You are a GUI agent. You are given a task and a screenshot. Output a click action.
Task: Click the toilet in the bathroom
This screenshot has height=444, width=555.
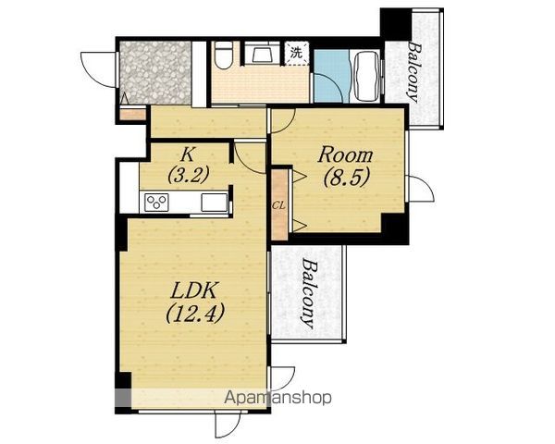[223, 55]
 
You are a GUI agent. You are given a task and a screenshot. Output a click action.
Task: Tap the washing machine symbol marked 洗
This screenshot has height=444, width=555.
[297, 53]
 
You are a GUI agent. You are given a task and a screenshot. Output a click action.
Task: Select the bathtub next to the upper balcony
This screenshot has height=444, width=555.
[365, 76]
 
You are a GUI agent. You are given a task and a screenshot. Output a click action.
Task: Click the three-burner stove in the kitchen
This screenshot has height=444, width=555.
[156, 203]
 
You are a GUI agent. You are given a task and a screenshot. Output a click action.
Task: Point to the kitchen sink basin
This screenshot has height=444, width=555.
[215, 203]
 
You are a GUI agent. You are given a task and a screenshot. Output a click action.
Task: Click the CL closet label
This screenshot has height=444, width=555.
[279, 205]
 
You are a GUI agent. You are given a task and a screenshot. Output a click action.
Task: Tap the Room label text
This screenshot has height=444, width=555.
[345, 155]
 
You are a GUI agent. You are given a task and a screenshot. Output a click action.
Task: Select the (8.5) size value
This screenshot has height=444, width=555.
[347, 177]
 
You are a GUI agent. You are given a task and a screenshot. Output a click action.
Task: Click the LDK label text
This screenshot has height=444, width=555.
[193, 290]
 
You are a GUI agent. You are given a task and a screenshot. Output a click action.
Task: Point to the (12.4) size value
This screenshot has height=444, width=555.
[194, 314]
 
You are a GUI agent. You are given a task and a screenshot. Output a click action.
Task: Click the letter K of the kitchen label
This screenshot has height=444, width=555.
[188, 154]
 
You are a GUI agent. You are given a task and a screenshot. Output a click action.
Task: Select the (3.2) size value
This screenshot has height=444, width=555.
[189, 175]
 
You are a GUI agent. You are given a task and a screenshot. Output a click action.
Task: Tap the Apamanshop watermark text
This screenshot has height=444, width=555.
[277, 398]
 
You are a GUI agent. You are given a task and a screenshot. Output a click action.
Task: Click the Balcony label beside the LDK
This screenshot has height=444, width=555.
[308, 294]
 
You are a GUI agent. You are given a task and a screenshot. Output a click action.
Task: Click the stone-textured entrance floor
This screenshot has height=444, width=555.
[155, 72]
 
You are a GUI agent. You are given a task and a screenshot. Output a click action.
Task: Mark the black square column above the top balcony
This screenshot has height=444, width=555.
[396, 21]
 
